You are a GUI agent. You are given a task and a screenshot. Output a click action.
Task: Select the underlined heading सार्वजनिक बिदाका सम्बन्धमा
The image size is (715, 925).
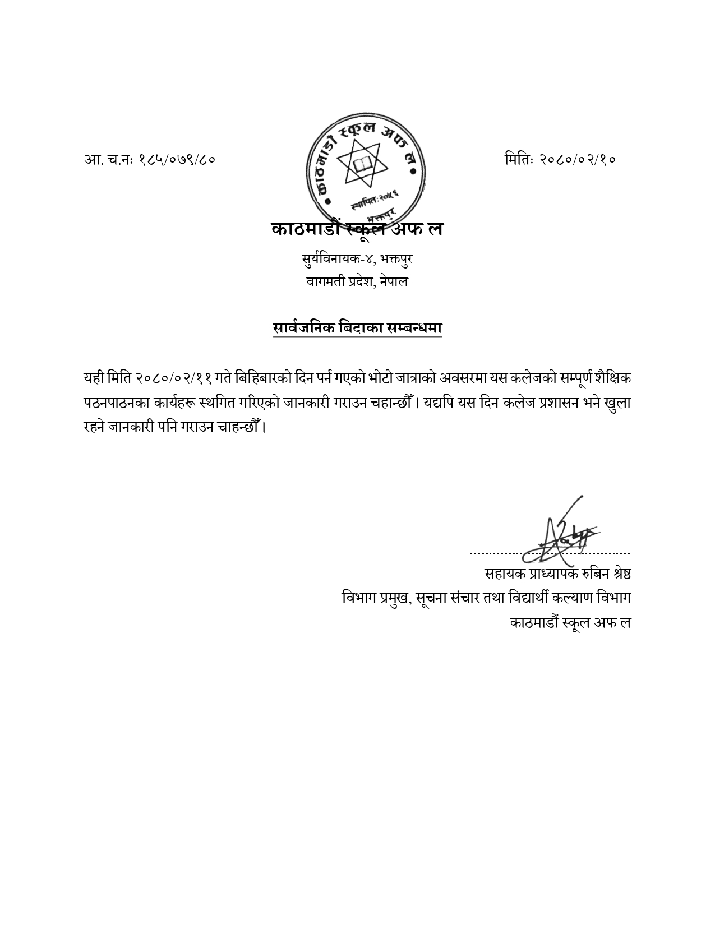[x=357, y=328]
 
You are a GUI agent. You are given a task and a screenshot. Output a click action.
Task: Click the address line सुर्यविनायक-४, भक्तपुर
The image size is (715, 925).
[x=357, y=260]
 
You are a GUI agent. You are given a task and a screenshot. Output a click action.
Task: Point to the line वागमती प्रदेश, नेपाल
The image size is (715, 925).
[x=357, y=281]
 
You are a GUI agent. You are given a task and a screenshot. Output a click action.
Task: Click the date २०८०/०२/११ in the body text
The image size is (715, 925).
[x=172, y=378]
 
